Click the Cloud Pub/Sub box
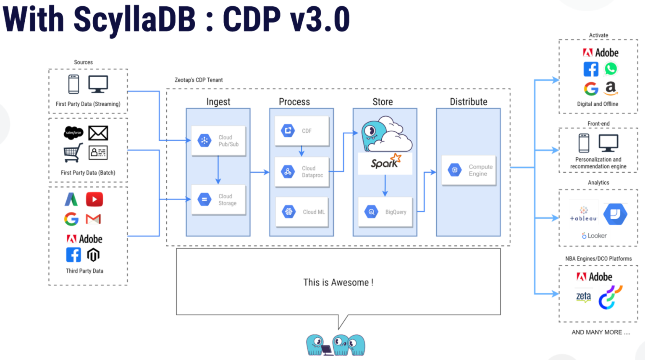click(x=218, y=141)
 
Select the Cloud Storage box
click(x=218, y=200)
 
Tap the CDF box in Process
click(x=302, y=131)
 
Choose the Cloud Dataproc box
click(x=302, y=171)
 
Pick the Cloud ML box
click(x=302, y=212)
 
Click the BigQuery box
click(x=385, y=212)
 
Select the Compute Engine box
click(x=468, y=170)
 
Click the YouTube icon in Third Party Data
click(x=94, y=199)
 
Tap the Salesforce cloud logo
click(x=73, y=133)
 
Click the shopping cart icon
click(x=73, y=153)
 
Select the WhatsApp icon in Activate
click(x=611, y=68)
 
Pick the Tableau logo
click(x=583, y=214)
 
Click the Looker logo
click(x=594, y=236)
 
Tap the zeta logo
click(x=583, y=297)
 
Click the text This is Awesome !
click(x=338, y=282)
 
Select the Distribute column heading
click(x=468, y=102)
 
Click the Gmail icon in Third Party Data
click(x=93, y=219)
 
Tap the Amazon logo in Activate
click(x=611, y=88)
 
